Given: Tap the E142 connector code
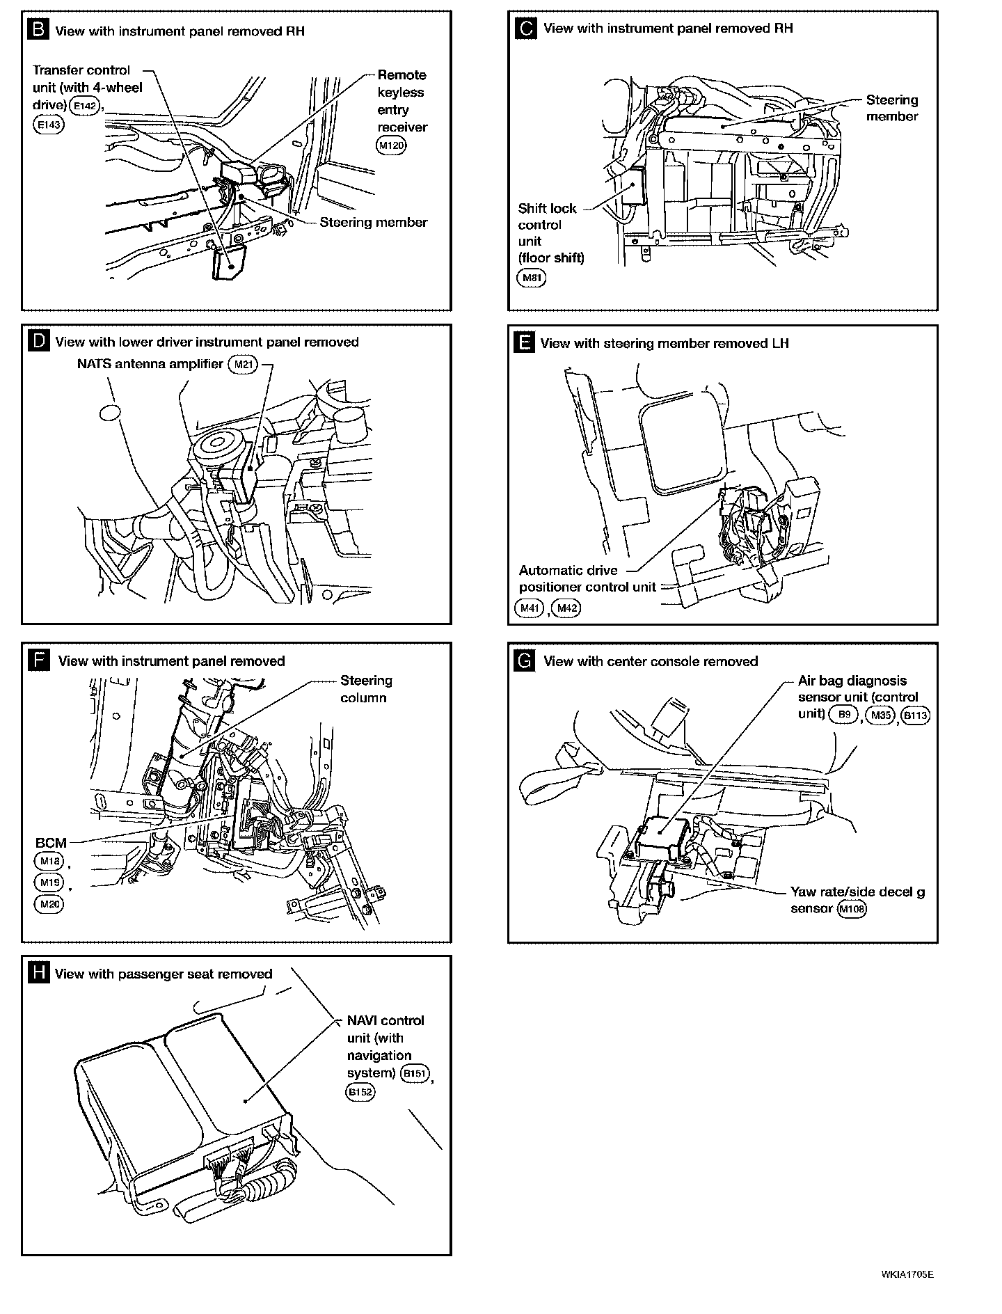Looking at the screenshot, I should tap(86, 106).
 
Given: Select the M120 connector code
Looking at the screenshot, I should tap(390, 145).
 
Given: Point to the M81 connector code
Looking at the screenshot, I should tap(532, 278).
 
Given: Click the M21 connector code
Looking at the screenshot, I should tap(242, 363).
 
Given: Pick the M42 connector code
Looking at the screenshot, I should tap(565, 608).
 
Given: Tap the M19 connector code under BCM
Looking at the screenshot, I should tap(49, 882).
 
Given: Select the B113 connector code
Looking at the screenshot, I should tap(915, 715).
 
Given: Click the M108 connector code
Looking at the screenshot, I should tap(852, 908).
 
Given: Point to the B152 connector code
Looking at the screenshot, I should tap(360, 1091).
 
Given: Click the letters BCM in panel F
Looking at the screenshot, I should tap(51, 843).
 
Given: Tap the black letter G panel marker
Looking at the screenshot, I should tap(524, 660).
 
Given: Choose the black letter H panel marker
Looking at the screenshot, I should tap(38, 973).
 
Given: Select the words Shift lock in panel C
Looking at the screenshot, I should tap(547, 208).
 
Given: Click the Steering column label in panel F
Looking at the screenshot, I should tap(366, 688).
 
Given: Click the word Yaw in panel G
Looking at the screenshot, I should tap(803, 892).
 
